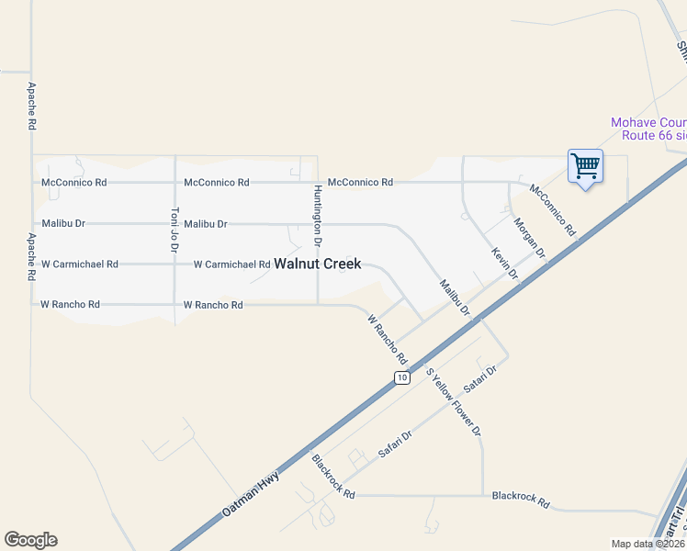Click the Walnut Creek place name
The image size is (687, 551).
point(317,264)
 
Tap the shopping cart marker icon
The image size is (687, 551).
point(585,167)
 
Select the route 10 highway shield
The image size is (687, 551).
point(401,377)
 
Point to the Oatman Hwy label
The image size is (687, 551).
point(249,495)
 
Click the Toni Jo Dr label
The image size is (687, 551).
point(175,229)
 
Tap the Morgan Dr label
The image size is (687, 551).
point(530,237)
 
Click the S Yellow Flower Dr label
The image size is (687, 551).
point(454,402)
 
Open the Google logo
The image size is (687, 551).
point(30,540)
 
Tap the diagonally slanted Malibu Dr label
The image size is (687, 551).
point(455,298)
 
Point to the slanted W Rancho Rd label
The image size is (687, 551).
point(387,338)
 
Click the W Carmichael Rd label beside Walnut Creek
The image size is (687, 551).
point(231,264)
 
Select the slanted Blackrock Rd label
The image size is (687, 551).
point(333,477)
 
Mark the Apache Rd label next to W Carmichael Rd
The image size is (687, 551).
point(31,257)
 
